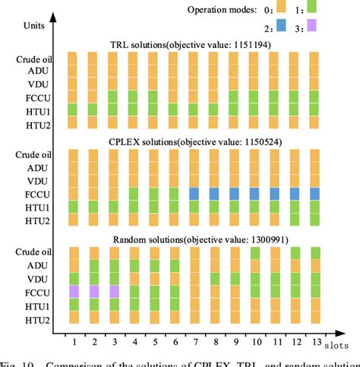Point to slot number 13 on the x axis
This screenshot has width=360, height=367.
(313, 343)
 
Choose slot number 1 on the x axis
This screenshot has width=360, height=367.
(74, 343)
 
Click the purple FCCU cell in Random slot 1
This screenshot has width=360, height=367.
(74, 291)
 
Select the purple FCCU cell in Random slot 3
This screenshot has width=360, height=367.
(113, 291)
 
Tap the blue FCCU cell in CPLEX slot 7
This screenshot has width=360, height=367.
(194, 194)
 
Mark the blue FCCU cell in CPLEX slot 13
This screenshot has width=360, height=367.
(313, 194)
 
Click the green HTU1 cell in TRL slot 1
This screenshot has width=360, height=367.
(74, 109)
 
